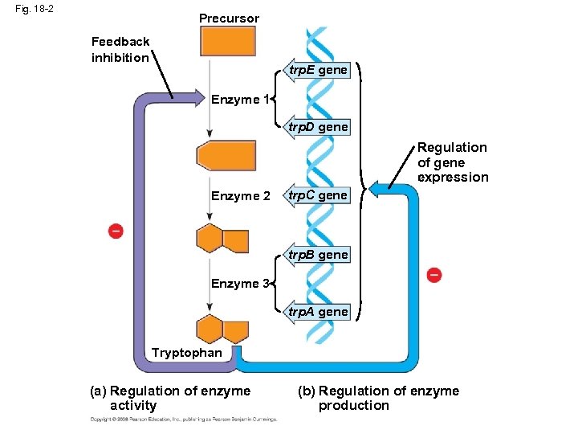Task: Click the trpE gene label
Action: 319,71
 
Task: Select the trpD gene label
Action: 319,127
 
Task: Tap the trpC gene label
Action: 319,195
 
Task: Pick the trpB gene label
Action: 319,255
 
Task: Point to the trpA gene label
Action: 319,312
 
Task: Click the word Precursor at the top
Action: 229,18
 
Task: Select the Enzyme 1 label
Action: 239,100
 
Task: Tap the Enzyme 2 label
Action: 240,196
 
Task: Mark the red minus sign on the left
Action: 116,231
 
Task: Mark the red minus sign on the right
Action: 433,275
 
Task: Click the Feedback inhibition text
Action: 120,49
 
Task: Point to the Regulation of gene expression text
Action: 453,162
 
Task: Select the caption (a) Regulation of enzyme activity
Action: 170,398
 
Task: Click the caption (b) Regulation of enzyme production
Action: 378,398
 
